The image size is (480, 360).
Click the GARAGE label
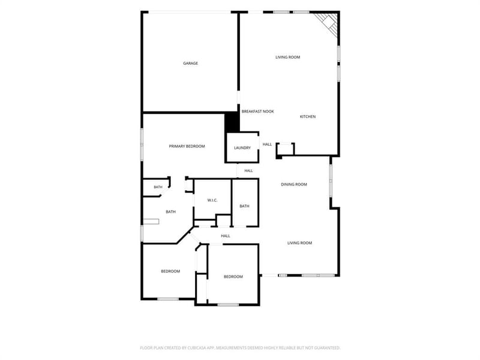click(x=190, y=64)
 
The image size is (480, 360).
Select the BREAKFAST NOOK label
click(x=258, y=112)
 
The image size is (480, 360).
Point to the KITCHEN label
click(x=308, y=116)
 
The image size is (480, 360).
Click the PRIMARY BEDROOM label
click(x=187, y=146)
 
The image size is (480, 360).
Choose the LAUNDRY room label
click(x=242, y=148)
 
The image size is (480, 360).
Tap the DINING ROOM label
click(x=294, y=184)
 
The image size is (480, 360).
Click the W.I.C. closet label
click(x=212, y=200)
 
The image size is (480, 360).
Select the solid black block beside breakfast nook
click(x=232, y=122)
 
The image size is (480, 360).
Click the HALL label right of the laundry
click(x=267, y=145)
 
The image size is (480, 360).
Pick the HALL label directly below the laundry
click(x=249, y=171)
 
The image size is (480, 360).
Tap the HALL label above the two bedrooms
click(x=226, y=236)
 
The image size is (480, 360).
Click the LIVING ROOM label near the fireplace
click(x=288, y=57)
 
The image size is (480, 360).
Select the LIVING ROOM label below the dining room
click(x=299, y=243)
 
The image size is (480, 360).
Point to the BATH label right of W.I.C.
click(x=244, y=206)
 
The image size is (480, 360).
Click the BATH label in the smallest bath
click(x=158, y=187)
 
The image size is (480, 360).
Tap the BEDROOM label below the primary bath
click(x=170, y=271)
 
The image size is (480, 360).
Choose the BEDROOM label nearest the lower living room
click(x=233, y=277)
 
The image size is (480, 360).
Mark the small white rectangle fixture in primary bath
click(x=152, y=221)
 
